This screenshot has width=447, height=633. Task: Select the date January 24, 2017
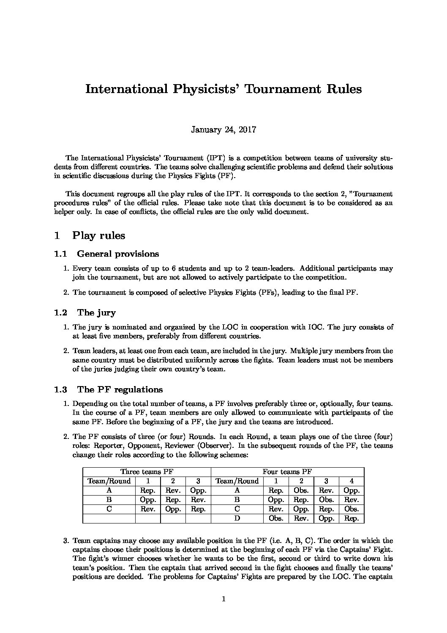[x=223, y=130]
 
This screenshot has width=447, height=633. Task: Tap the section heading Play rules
[x=98, y=236]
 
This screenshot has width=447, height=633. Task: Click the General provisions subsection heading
[x=118, y=254]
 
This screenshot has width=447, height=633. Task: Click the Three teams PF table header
[x=147, y=471]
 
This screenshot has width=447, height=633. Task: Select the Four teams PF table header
[x=287, y=471]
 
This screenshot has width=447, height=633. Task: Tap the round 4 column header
[x=352, y=481]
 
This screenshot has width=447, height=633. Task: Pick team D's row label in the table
[x=237, y=518]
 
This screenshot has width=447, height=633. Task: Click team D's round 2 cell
[x=301, y=518]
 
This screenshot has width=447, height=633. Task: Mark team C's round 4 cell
[x=352, y=509]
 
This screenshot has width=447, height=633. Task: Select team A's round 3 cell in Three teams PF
[x=198, y=491]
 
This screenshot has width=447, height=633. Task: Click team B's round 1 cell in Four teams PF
[x=275, y=500]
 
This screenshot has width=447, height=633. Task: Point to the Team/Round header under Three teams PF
[x=109, y=481]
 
